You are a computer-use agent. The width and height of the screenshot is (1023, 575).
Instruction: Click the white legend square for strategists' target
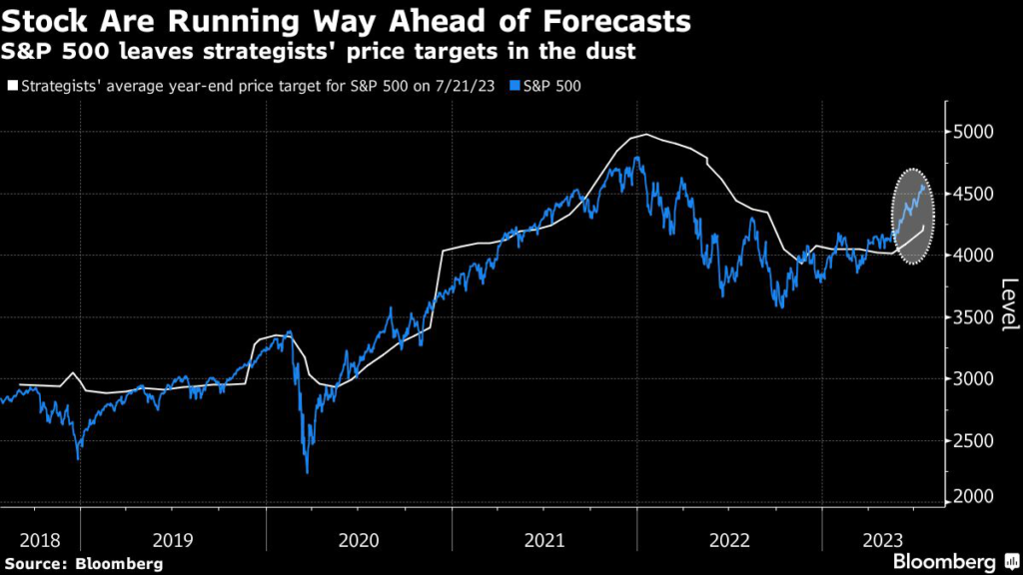(12, 86)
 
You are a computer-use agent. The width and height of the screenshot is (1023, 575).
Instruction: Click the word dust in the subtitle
(614, 51)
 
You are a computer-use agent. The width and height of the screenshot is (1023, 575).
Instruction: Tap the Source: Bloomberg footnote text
(84, 564)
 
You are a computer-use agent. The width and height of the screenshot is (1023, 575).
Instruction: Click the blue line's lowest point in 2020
(307, 472)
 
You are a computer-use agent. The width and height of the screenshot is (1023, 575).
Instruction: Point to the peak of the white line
(647, 134)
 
